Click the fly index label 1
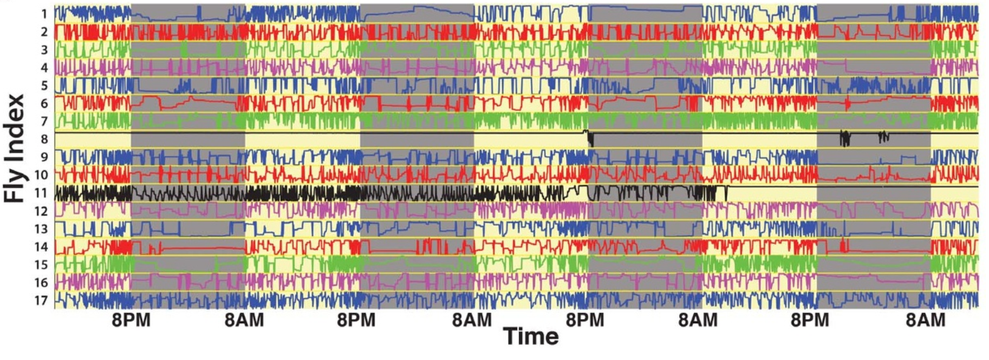(x=44, y=13)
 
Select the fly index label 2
(x=44, y=31)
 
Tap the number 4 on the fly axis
(x=44, y=67)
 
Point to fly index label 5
(x=44, y=85)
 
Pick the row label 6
(x=44, y=103)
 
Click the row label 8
(x=44, y=139)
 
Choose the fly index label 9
(x=44, y=157)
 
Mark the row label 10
(x=41, y=175)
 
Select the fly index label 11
(x=41, y=193)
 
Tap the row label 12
(x=41, y=211)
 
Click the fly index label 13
(x=41, y=229)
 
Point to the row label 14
(x=41, y=247)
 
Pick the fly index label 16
(x=41, y=282)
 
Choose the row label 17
(x=41, y=300)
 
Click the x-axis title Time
(x=531, y=336)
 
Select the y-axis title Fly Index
(x=15, y=149)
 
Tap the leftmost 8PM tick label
(x=131, y=320)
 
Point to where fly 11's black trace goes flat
(x=727, y=186)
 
